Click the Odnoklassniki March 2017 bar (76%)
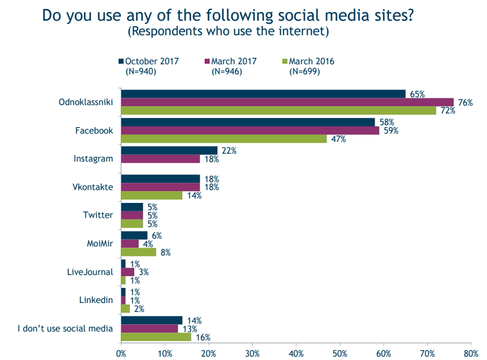[287, 102]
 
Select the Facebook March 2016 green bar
[224, 139]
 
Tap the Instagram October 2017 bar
[169, 150]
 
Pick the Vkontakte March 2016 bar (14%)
[152, 196]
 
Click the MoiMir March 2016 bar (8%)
[139, 252]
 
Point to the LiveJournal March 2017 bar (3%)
[127, 272]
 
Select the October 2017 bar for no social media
[152, 320]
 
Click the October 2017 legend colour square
[121, 61]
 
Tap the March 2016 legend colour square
[285, 61]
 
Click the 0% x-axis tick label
[121, 353]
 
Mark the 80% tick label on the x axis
[471, 353]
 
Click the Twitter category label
[98, 215]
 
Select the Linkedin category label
[96, 300]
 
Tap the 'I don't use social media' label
[65, 328]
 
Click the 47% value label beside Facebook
[338, 139]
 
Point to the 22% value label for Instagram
[229, 150]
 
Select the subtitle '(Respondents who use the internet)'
[228, 31]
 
